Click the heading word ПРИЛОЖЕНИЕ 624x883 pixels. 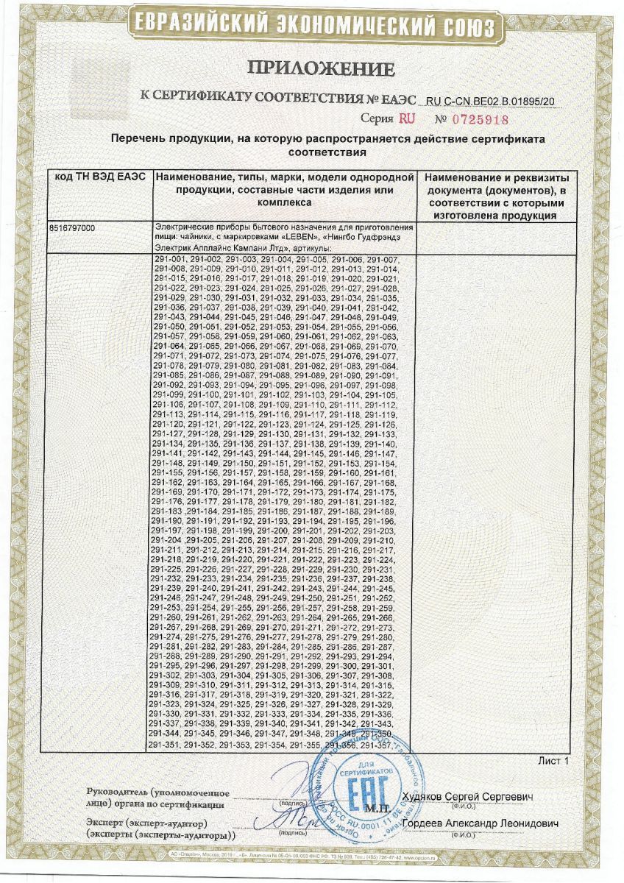[322, 69]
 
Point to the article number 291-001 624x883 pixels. [169, 261]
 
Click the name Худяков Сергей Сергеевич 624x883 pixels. [468, 798]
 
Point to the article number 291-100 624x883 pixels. [202, 396]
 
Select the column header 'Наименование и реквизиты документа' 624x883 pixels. [492, 179]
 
